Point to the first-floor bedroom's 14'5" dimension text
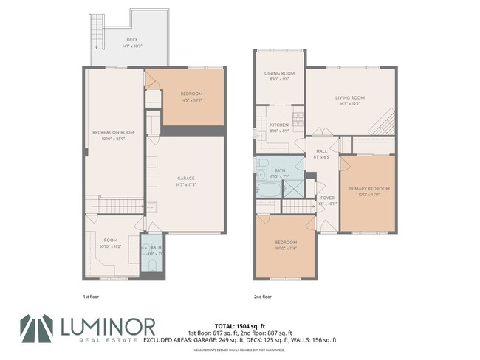tap(193, 100)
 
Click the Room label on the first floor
tap(110, 240)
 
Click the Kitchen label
tap(278, 125)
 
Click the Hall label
tap(321, 150)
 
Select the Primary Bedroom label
tap(369, 189)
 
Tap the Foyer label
tap(326, 198)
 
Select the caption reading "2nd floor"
tap(262, 296)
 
